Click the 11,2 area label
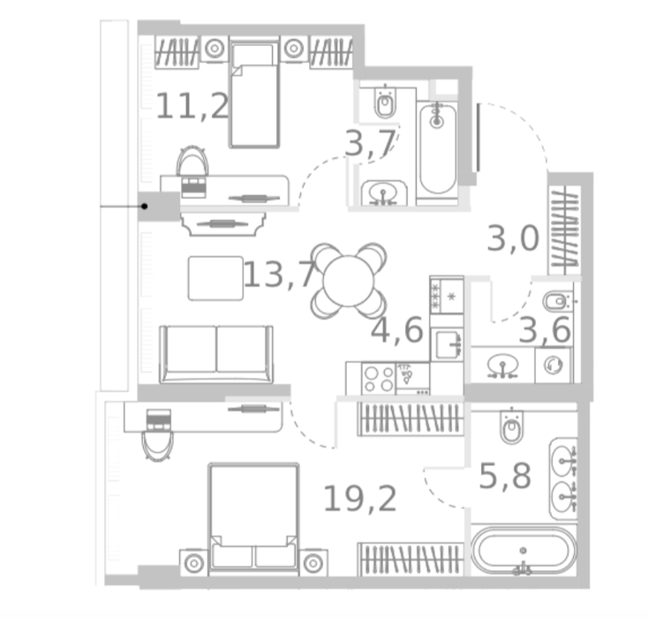192,106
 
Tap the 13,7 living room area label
281,274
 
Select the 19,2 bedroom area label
359,499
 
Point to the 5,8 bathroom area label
505,477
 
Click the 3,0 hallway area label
513,238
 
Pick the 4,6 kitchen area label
397,330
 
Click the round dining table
349,281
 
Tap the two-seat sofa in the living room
216,354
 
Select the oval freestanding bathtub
524,551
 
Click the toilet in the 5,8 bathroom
511,426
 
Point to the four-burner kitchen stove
378,379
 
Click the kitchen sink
447,344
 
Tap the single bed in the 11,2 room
254,94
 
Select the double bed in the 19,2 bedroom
253,519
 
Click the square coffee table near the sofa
215,278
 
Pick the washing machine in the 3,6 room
553,366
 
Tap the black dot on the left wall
144,206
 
